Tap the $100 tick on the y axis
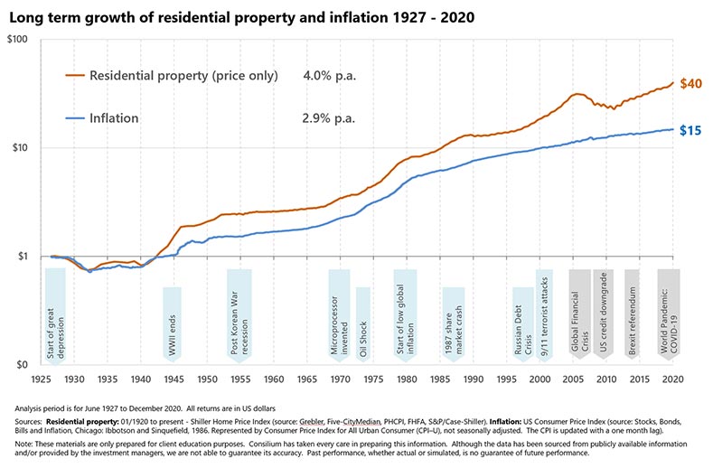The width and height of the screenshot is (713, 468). tap(21, 40)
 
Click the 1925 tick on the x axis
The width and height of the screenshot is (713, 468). tap(41, 379)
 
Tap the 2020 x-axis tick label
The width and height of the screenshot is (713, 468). tap(671, 379)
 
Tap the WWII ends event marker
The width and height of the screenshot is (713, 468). tap(172, 325)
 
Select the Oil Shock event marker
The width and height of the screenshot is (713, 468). tap(363, 325)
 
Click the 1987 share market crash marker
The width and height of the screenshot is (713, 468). tap(454, 325)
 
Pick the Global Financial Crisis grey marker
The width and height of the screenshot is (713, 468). tap(579, 316)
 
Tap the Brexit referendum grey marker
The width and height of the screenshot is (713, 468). tap(632, 316)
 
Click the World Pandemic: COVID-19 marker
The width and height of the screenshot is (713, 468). tap(669, 316)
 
